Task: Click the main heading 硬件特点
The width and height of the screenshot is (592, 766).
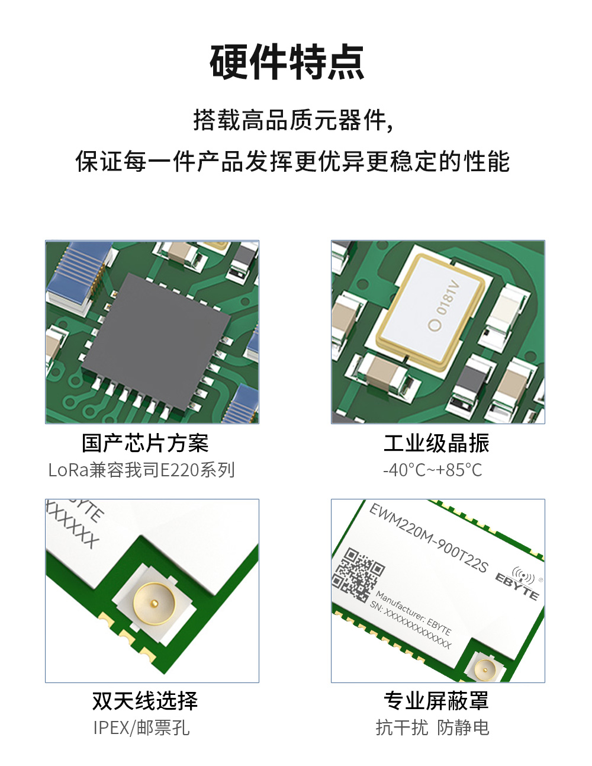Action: [x=287, y=62]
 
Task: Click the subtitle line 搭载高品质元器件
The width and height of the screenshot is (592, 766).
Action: [x=293, y=120]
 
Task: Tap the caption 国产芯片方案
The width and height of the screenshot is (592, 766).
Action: [x=145, y=443]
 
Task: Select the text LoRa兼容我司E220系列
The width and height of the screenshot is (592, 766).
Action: [x=142, y=470]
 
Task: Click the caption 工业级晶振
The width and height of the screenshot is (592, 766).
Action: [x=436, y=443]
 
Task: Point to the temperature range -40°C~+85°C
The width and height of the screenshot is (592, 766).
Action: [x=433, y=470]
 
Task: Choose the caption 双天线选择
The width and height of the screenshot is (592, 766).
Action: [x=145, y=701]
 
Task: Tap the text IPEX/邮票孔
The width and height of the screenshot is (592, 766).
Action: [x=141, y=727]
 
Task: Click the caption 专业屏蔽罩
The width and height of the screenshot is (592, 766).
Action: [x=436, y=701]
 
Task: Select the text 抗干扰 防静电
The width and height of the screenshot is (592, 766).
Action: [x=433, y=727]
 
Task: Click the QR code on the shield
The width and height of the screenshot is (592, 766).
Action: [x=358, y=574]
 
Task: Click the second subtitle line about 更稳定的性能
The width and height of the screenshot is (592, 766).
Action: [x=293, y=161]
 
